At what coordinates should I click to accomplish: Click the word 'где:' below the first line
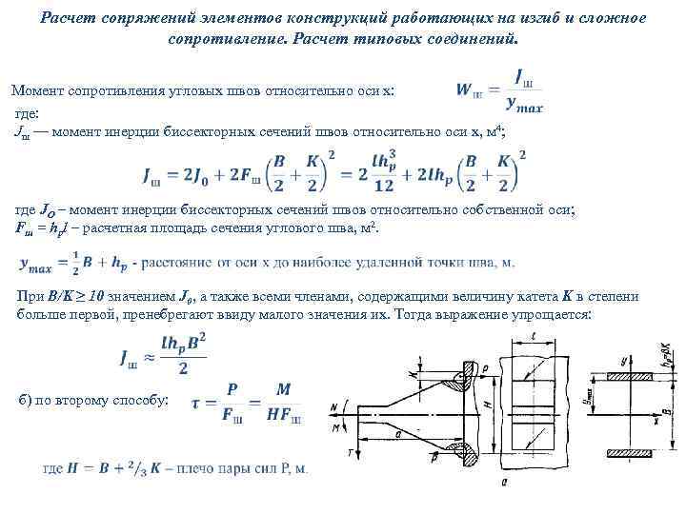click(30, 114)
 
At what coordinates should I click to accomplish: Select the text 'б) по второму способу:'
click(91, 400)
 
